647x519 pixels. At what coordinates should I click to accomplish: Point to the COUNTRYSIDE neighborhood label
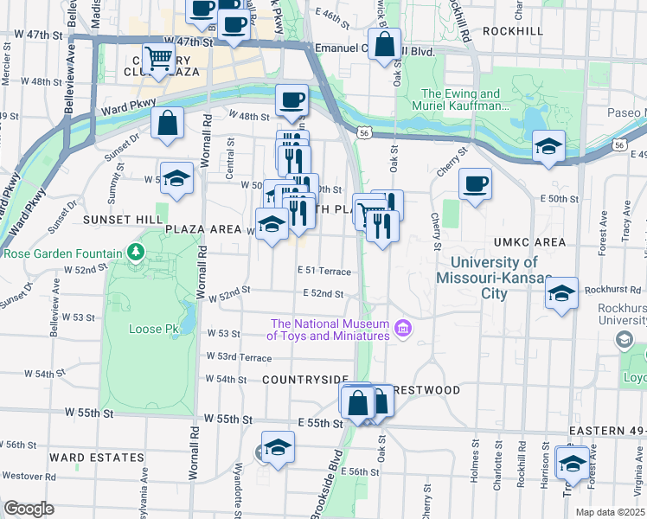click(304, 380)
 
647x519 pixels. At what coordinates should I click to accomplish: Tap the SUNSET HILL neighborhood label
click(123, 220)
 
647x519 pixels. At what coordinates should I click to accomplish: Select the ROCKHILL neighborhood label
click(513, 30)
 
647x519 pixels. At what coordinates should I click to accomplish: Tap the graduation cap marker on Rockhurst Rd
click(561, 294)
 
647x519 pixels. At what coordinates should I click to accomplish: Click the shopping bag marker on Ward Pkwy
click(168, 123)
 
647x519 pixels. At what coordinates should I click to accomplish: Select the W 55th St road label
click(227, 419)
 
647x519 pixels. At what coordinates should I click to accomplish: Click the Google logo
click(29, 509)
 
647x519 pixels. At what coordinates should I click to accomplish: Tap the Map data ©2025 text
click(610, 512)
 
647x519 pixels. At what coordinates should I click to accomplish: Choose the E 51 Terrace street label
click(325, 271)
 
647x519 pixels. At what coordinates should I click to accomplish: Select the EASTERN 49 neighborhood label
click(606, 431)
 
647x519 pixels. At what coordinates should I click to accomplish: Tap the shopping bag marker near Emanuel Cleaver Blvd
click(385, 43)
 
